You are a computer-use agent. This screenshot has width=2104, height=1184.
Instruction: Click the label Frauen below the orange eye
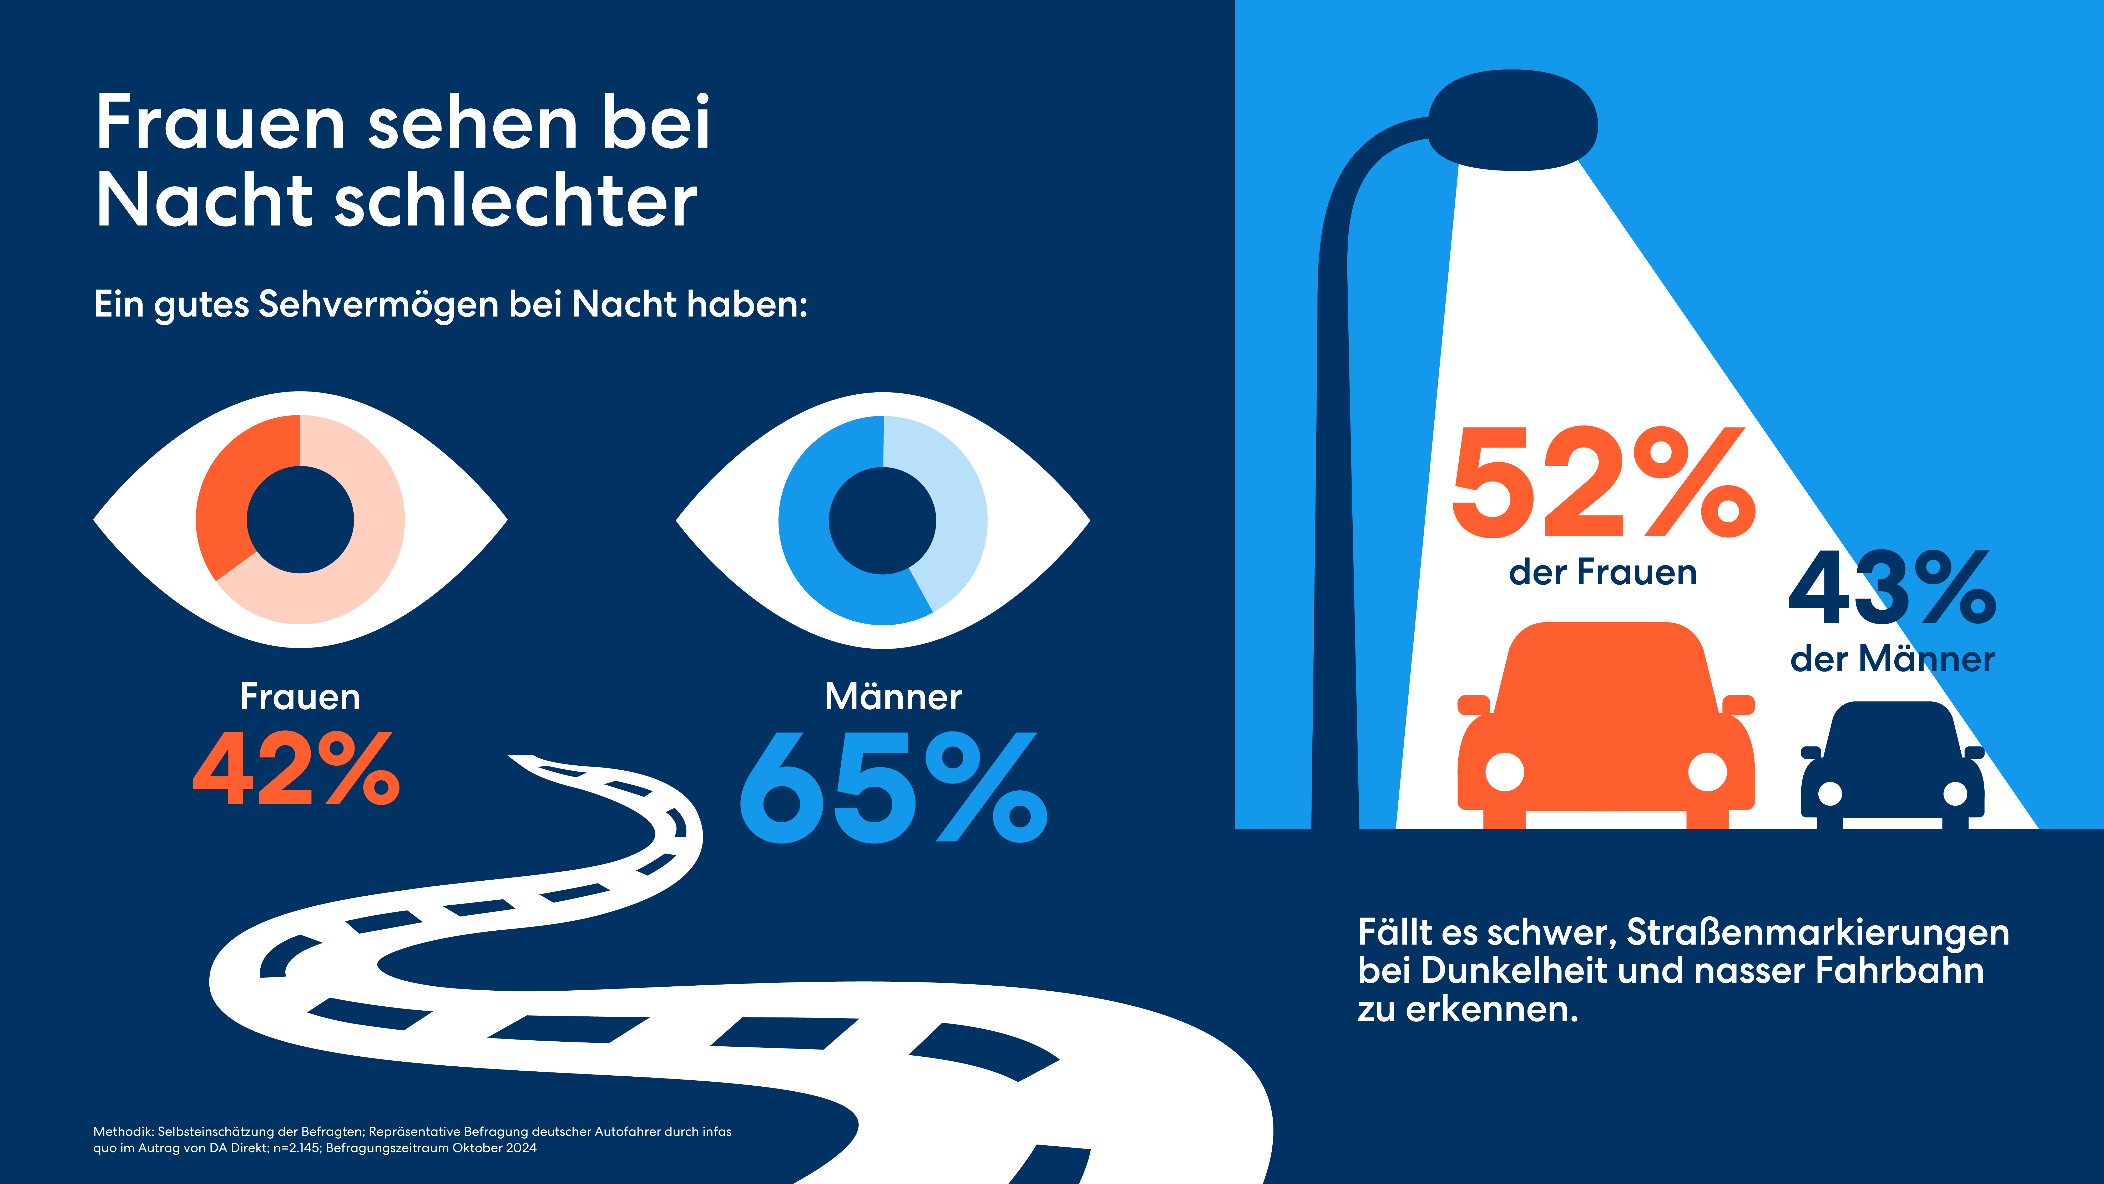point(300,697)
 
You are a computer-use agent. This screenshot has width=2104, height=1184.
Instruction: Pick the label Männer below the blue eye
point(893,697)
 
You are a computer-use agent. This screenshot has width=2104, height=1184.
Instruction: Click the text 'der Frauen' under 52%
point(1602,572)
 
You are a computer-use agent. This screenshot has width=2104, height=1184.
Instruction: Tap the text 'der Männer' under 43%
point(1892,659)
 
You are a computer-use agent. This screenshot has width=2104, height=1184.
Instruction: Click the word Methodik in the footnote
point(123,1132)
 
